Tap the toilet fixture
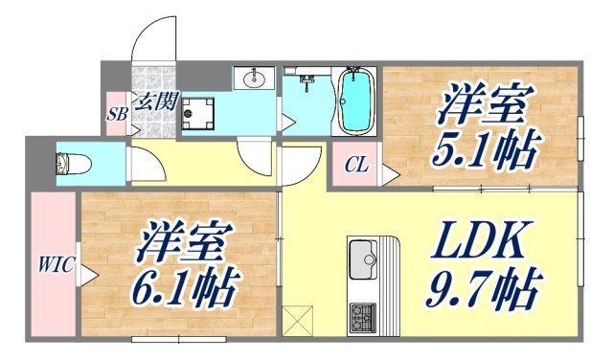[72, 164]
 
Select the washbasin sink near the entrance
[256, 78]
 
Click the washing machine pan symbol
[201, 113]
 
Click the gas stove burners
[364, 314]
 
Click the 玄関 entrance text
[153, 101]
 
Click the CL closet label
[356, 165]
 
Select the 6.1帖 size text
[184, 284]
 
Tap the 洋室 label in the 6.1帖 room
[184, 242]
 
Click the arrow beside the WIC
[87, 276]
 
